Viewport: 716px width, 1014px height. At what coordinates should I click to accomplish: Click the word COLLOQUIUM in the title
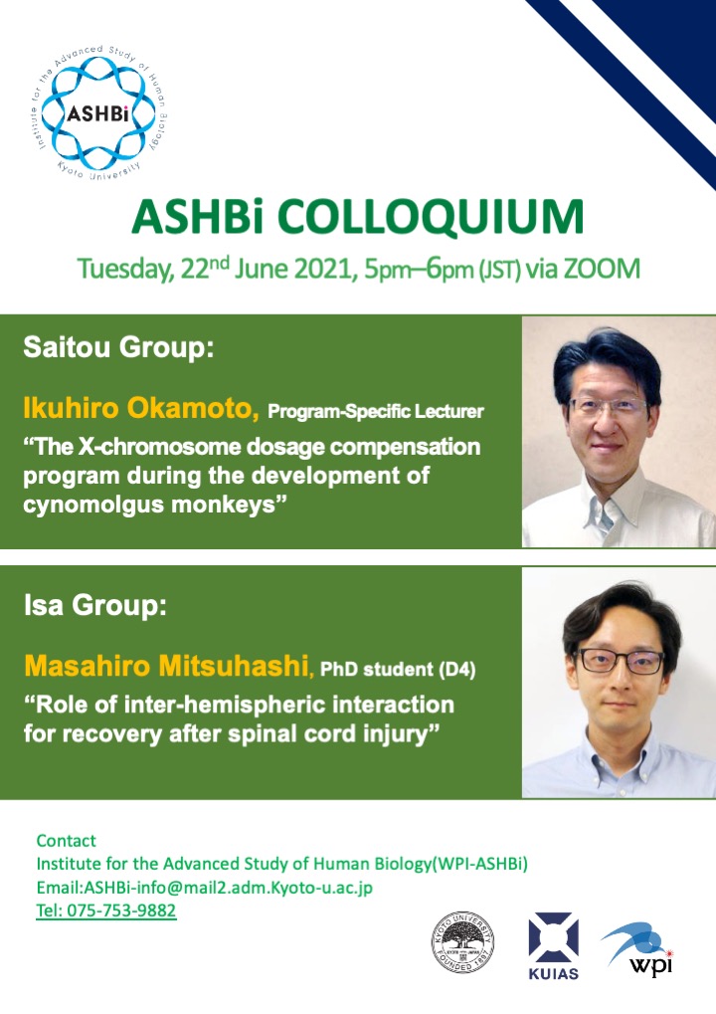pyautogui.click(x=431, y=217)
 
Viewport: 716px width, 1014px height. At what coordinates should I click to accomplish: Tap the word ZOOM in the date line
pyautogui.click(x=602, y=269)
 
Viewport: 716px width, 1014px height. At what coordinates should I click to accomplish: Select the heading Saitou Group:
pyautogui.click(x=119, y=347)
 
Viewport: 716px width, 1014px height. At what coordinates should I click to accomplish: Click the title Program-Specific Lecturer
pyautogui.click(x=376, y=411)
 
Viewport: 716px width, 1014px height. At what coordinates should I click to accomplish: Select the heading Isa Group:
pyautogui.click(x=95, y=605)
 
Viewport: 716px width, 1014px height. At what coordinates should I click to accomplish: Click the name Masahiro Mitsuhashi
pyautogui.click(x=167, y=666)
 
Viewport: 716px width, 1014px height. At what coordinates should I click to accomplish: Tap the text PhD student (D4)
pyautogui.click(x=398, y=669)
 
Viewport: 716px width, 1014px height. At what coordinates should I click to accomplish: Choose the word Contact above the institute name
pyautogui.click(x=66, y=841)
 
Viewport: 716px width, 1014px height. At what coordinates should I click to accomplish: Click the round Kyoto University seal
pyautogui.click(x=462, y=942)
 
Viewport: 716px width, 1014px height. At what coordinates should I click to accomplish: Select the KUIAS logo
pyautogui.click(x=553, y=945)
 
